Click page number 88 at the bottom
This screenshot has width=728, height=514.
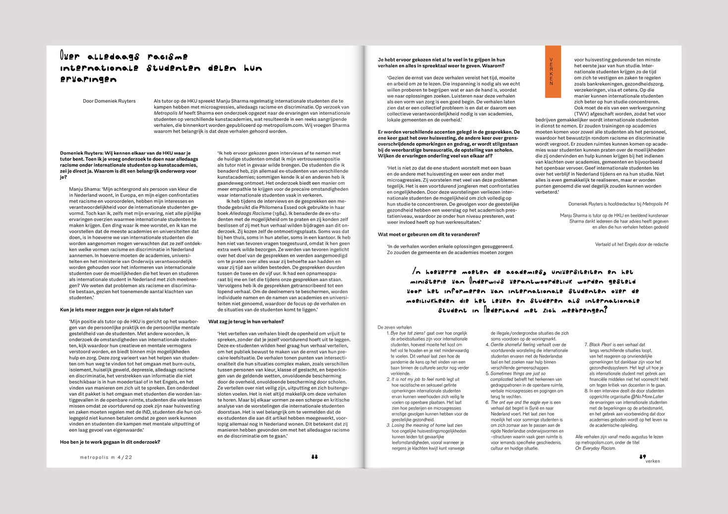314,457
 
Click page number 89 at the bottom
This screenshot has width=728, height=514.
642,457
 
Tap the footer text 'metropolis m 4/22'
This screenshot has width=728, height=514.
106,458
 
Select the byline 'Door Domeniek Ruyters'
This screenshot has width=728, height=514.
109,101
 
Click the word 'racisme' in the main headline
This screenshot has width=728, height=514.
168,57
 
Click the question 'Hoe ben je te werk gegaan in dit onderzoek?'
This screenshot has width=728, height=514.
110,442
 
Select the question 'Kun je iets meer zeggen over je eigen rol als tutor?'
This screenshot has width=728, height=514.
117,309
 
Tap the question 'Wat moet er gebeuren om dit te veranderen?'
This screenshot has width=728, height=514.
428,234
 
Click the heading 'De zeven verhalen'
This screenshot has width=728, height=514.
395,327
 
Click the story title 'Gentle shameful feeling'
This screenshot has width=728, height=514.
513,345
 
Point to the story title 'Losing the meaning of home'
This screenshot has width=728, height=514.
419,425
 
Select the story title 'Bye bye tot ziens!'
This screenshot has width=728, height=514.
408,333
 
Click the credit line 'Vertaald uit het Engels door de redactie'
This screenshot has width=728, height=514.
631,244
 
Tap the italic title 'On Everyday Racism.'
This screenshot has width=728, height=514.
595,448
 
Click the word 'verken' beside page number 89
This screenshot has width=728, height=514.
653,461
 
